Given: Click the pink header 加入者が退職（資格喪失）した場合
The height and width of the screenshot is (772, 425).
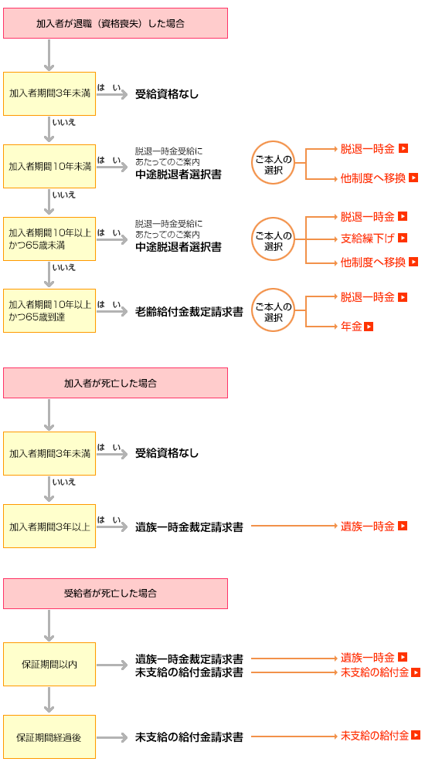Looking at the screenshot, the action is [x=115, y=23].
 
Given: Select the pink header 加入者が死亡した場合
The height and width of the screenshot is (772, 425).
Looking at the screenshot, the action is [x=115, y=383].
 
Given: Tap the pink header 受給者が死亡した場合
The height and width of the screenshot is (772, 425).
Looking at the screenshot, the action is [x=115, y=593].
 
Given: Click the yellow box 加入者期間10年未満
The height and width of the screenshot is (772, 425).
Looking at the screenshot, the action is [x=49, y=167].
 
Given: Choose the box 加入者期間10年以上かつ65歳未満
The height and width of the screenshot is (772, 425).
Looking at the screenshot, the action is [x=49, y=239].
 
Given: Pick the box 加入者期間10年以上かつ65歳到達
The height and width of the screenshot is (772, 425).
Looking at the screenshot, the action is [x=49, y=310].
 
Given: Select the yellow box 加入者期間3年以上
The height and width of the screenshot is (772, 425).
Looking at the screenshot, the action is [x=49, y=527].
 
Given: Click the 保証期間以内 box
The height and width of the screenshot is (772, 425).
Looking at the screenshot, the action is [x=49, y=664].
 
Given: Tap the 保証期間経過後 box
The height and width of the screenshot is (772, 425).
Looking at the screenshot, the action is [x=49, y=737].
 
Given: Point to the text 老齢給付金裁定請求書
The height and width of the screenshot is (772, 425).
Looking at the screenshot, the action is [x=189, y=312].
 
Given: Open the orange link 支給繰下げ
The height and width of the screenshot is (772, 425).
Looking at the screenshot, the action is [x=368, y=239].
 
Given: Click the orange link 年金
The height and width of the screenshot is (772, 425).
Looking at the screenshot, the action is [x=352, y=326].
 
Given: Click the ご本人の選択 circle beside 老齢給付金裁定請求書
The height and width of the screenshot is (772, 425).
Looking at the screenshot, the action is [x=273, y=310].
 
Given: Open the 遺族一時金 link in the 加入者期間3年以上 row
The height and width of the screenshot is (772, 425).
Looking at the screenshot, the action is [x=368, y=526].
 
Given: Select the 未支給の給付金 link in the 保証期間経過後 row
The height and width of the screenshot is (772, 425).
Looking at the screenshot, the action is [x=375, y=736].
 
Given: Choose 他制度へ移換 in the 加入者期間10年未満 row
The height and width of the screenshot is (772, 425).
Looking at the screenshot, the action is [x=373, y=178].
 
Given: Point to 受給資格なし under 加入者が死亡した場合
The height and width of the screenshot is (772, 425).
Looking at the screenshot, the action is [x=167, y=453].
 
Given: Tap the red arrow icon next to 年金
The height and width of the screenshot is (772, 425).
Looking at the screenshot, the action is [x=369, y=326].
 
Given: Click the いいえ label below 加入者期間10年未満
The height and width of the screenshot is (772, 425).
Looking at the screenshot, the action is [x=64, y=195].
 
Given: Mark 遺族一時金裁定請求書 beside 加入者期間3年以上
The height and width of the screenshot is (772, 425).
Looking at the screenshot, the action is [x=189, y=527].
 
